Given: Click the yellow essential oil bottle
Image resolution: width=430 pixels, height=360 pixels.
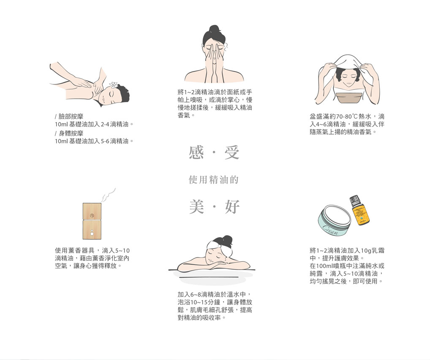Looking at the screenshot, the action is click(359, 211).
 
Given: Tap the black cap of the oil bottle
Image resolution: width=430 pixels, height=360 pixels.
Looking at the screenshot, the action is click(354, 200).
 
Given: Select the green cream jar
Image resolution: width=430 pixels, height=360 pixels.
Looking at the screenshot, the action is click(335, 221).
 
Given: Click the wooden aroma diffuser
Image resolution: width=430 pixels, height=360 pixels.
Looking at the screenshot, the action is click(92, 221).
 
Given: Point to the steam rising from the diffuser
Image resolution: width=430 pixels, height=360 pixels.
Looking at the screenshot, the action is click(109, 195).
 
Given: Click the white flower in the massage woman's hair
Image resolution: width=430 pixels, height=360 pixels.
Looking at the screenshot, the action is click(113, 85).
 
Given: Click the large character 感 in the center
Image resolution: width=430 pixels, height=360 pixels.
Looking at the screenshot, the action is click(196, 153).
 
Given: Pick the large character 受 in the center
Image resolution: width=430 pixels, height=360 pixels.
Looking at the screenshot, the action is click(232, 153).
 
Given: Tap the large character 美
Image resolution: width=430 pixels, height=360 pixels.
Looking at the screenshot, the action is click(196, 206).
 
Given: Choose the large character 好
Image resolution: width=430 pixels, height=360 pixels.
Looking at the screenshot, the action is click(232, 206).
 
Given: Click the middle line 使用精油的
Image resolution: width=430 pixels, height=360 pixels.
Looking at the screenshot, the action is click(214, 180).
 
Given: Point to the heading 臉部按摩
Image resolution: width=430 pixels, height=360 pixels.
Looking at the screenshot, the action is click(71, 116).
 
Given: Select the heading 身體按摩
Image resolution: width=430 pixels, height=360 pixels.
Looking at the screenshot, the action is click(71, 133).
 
